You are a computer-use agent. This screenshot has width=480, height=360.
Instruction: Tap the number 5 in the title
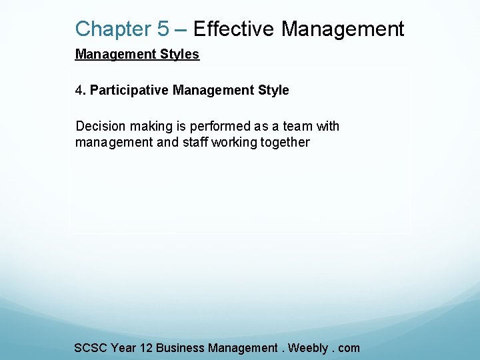[163, 29]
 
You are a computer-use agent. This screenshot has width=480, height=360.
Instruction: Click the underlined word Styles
[178, 54]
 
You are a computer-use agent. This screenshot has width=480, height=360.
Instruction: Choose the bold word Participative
[129, 90]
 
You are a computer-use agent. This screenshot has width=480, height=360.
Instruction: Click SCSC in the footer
[91, 347]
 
